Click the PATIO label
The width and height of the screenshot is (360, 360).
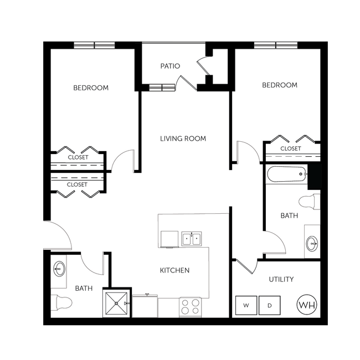pyautogui.click(x=170, y=66)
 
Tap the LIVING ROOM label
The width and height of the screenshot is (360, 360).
pyautogui.click(x=183, y=138)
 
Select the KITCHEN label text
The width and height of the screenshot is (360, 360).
pyautogui.click(x=174, y=270)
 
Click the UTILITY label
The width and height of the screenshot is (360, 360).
pyautogui.click(x=281, y=280)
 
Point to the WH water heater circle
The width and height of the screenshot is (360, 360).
pyautogui.click(x=305, y=305)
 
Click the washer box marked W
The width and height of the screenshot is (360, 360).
pyautogui.click(x=245, y=305)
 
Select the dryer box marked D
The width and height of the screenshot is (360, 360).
pyautogui.click(x=270, y=305)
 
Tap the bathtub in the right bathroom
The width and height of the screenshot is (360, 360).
pyautogui.click(x=286, y=176)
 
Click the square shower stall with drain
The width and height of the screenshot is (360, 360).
pyautogui.click(x=117, y=304)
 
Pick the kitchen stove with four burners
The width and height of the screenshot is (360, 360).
pyautogui.click(x=191, y=306)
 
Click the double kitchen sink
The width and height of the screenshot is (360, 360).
pyautogui.click(x=192, y=239)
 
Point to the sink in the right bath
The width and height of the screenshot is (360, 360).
pyautogui.click(x=312, y=242)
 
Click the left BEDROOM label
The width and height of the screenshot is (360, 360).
pyautogui.click(x=91, y=88)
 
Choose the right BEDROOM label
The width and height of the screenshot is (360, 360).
pyautogui.click(x=279, y=85)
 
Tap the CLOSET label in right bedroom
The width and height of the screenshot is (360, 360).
pyautogui.click(x=290, y=148)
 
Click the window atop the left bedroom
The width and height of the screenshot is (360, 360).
pyautogui.click(x=95, y=45)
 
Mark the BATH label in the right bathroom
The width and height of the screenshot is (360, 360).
pyautogui.click(x=289, y=215)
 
